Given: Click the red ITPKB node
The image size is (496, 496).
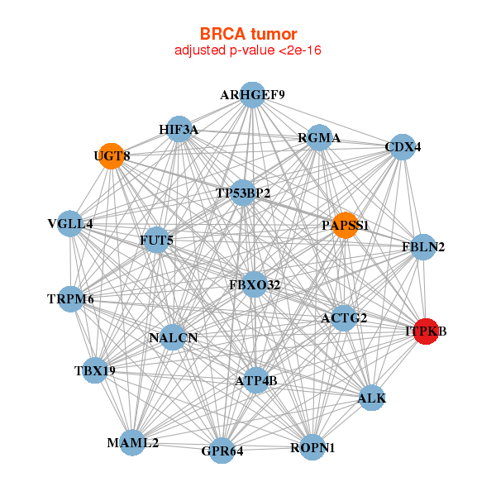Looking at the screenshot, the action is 425,331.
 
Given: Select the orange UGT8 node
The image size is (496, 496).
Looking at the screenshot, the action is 111,155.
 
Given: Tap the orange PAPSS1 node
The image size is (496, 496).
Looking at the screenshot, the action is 346,225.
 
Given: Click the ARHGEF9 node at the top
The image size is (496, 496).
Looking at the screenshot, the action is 253,95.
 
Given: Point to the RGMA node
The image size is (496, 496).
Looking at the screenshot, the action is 319,138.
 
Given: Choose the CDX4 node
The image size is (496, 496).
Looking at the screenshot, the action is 402,147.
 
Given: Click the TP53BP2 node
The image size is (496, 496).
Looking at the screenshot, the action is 243,193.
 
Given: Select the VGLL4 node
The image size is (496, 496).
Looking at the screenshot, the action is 71,224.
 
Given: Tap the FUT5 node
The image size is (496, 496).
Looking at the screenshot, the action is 156,241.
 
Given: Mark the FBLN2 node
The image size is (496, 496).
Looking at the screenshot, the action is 423,247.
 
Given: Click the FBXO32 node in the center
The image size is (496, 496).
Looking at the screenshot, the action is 255,285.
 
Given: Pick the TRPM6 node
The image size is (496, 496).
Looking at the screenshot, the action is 71,298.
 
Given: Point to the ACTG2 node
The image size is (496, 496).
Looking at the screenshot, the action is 343,317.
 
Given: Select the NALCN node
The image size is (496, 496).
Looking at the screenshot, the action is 173,337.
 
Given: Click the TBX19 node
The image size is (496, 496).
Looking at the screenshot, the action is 95,370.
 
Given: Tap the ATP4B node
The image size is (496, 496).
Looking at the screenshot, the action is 257,380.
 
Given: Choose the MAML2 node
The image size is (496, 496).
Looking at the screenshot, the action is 132,442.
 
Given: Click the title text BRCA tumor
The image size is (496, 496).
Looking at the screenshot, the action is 248,34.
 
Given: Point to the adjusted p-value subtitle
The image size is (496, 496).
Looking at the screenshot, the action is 248,50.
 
